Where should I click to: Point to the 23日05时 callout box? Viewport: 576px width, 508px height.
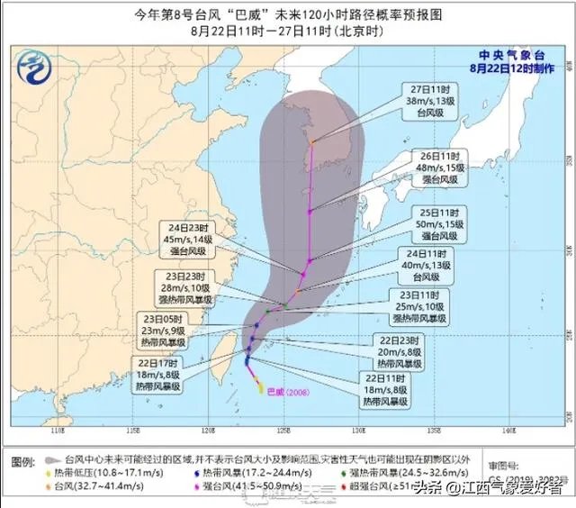(161, 331)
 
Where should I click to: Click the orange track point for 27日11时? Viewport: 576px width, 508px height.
(312, 141)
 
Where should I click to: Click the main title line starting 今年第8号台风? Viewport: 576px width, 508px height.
(288, 12)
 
